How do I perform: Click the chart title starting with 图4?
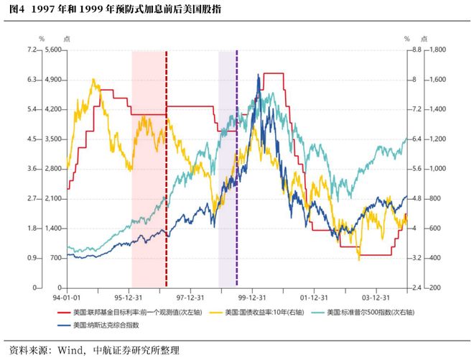pos(115,9)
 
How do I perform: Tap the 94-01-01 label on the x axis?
pos(67,297)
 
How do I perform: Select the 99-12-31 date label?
pos(252,297)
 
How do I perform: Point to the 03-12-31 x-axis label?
pos(376,297)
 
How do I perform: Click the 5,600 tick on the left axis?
pos(53,50)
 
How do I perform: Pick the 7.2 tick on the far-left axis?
pos(32,50)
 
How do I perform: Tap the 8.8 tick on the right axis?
pos(417,50)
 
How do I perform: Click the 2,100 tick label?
pos(53,199)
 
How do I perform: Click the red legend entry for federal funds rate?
pos(130,312)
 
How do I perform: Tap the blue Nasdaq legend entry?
pos(98,326)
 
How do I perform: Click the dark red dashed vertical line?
pos(167,169)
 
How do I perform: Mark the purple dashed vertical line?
pos(237,169)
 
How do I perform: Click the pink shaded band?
pos(149,169)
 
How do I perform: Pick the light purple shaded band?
pos(227,169)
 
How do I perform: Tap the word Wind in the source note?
pos(70,351)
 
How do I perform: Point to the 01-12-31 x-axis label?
pos(314,297)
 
